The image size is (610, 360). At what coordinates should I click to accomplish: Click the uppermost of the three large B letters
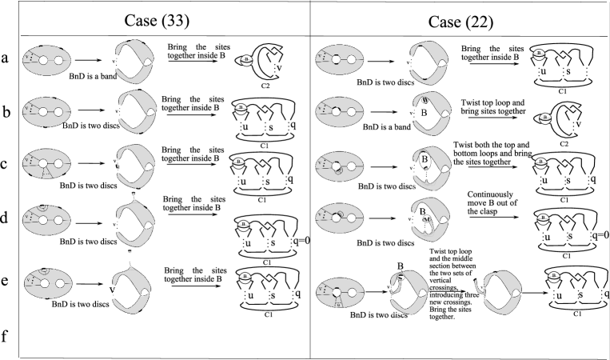point(424,113)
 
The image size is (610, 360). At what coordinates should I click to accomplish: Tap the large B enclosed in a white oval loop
point(425,159)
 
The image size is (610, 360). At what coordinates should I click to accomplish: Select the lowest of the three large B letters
point(422,212)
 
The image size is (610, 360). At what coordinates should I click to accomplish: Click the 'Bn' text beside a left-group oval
point(66,126)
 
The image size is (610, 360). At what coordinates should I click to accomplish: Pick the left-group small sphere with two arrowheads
point(247,61)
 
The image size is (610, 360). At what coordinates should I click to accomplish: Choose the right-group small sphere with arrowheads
point(545,118)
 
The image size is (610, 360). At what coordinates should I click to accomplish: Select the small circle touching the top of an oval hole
point(42,207)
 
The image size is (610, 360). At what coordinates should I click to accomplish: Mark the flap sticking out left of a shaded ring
point(479,286)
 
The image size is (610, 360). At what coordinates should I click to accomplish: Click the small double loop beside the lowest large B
point(428,220)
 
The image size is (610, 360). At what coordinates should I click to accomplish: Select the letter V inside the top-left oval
point(26,56)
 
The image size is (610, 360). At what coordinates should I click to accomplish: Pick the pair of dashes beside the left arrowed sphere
point(274,51)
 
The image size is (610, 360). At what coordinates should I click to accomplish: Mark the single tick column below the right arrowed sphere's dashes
point(572,126)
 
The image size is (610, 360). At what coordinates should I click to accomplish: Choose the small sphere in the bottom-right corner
point(553,277)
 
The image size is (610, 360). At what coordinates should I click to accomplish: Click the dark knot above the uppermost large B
point(425,100)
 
